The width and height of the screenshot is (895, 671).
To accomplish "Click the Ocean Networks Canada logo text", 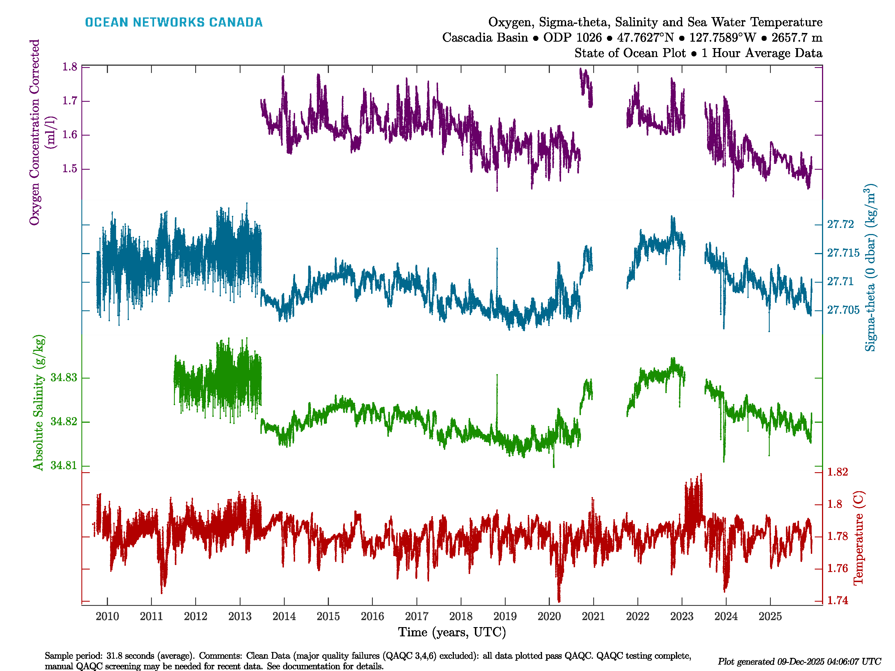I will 174,22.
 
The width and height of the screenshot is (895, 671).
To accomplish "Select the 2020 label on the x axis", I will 549,616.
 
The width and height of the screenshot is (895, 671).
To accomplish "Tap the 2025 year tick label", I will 770,616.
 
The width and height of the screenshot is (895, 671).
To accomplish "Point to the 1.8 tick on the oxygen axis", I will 70,67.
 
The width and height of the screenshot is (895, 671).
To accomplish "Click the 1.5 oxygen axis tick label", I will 70,169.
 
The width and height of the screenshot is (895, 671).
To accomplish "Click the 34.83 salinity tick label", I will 63,377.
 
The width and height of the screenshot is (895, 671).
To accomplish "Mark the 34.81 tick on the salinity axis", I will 63,465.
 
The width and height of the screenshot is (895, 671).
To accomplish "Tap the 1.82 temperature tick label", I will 837,472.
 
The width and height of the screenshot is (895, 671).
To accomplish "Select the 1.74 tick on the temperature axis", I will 837,600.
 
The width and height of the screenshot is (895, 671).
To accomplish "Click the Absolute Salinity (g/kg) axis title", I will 38,402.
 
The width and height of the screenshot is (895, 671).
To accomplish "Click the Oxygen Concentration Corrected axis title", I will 35,132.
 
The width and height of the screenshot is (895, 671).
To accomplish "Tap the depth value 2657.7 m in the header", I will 797,38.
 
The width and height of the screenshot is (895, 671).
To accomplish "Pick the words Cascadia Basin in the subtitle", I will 485,38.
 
